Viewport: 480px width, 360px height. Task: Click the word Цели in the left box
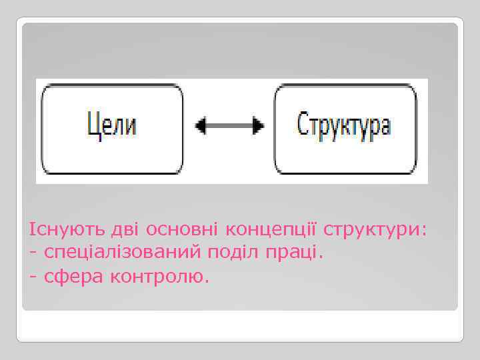click(x=112, y=125)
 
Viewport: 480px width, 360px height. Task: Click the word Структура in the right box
click(x=343, y=125)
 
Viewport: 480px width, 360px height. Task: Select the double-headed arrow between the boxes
click(x=229, y=125)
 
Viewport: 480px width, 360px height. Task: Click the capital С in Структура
click(x=302, y=125)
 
